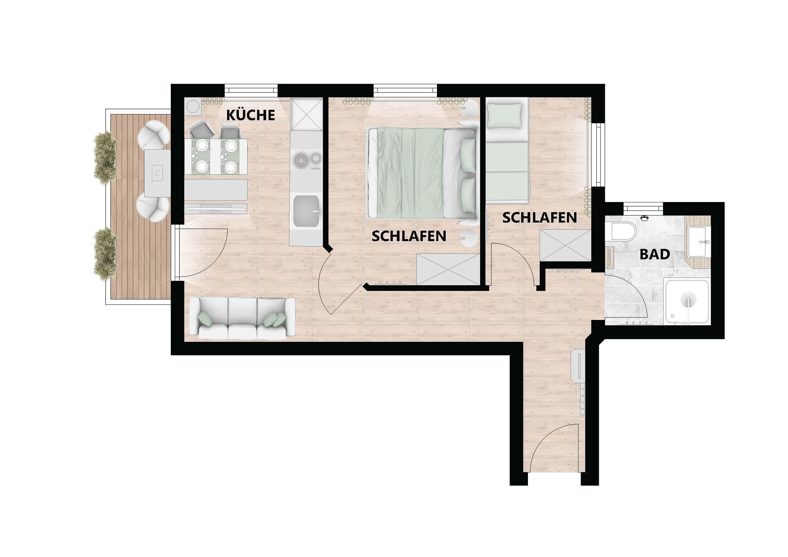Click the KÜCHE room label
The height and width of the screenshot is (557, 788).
tap(251, 115)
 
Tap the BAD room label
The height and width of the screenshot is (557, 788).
tap(655, 254)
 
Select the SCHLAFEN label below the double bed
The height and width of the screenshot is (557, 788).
tap(409, 236)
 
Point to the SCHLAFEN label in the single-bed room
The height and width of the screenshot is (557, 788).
tap(539, 217)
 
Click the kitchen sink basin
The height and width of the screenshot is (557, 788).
tap(307, 212)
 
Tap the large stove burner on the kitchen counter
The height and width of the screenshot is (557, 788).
tap(301, 160)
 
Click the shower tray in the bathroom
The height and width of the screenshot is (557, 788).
tap(687, 302)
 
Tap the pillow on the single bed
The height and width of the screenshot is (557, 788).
tap(505, 115)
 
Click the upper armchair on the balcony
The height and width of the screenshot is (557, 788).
tap(154, 135)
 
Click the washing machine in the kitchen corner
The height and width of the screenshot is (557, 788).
tap(193, 106)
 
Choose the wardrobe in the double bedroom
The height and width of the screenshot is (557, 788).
tap(448, 269)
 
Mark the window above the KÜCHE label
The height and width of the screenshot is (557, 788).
tap(251, 90)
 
